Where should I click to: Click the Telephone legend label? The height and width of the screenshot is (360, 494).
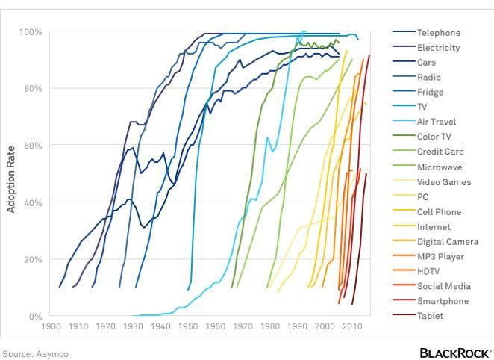point(438,33)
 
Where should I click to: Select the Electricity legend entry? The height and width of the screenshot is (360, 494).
point(438,48)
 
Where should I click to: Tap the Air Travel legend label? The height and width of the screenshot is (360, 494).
point(437,122)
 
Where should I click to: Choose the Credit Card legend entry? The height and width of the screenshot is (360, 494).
point(440,152)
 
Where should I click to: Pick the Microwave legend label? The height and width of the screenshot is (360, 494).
point(439,167)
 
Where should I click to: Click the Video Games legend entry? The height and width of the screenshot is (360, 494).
point(443,182)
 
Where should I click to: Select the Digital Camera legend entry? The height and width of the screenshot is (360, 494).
point(448,242)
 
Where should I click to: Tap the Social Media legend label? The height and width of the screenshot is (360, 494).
point(443,287)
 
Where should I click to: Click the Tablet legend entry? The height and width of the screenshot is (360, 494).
point(430,317)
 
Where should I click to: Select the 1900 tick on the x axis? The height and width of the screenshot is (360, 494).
point(51,327)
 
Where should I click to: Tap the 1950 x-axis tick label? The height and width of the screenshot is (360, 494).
point(188,327)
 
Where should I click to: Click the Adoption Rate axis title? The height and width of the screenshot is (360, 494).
point(11,174)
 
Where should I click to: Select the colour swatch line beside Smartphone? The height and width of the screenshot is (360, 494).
point(403,302)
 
